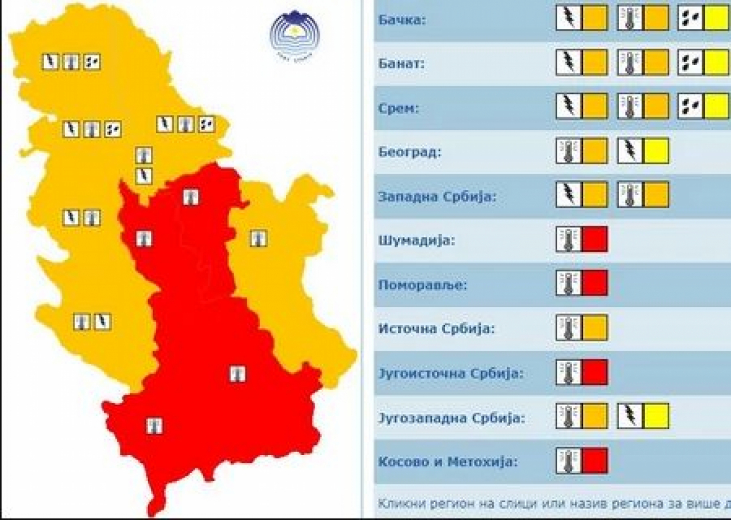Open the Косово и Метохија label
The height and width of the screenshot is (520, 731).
435,462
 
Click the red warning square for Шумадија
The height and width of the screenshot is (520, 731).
595,239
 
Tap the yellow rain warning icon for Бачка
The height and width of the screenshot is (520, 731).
703,17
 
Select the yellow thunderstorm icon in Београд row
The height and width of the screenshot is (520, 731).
643,150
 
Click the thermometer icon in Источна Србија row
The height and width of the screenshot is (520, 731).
569,328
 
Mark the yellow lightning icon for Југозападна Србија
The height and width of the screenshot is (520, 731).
643,417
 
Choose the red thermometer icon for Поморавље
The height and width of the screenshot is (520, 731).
569,284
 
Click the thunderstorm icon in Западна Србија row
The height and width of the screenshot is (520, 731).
569,194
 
